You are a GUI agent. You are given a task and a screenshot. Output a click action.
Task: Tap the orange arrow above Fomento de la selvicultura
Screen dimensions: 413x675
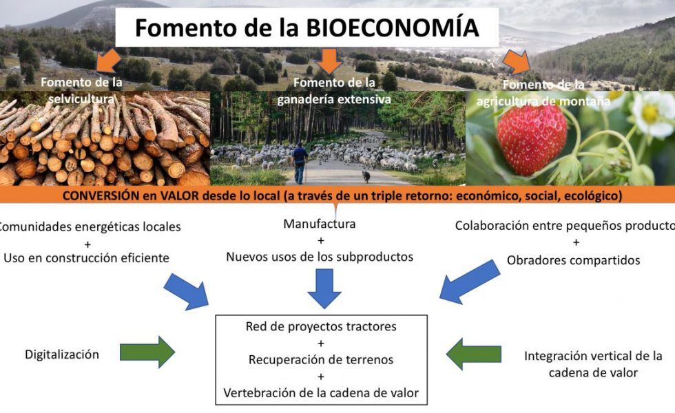point(108,61)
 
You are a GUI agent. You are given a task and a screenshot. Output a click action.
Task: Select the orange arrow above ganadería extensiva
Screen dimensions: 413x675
point(330,61)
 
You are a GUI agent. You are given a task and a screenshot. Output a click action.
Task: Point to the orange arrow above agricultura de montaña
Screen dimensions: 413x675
point(517,63)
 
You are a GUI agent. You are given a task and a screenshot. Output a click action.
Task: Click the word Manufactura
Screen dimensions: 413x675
point(320,224)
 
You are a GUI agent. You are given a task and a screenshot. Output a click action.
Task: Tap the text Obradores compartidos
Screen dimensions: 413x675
point(573,260)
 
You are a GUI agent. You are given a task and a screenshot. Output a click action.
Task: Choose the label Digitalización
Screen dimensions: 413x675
point(62,354)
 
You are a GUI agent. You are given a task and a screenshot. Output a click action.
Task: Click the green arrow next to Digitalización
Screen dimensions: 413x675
point(147,352)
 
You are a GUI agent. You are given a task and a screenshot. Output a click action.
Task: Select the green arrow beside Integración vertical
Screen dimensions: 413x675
point(474,354)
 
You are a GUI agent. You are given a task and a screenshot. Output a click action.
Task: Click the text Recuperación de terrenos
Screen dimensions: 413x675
point(321,359)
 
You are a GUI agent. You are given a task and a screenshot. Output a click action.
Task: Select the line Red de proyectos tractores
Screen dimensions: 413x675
point(321,326)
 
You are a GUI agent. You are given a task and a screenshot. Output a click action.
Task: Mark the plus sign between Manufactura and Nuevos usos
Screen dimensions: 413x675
point(320,241)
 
